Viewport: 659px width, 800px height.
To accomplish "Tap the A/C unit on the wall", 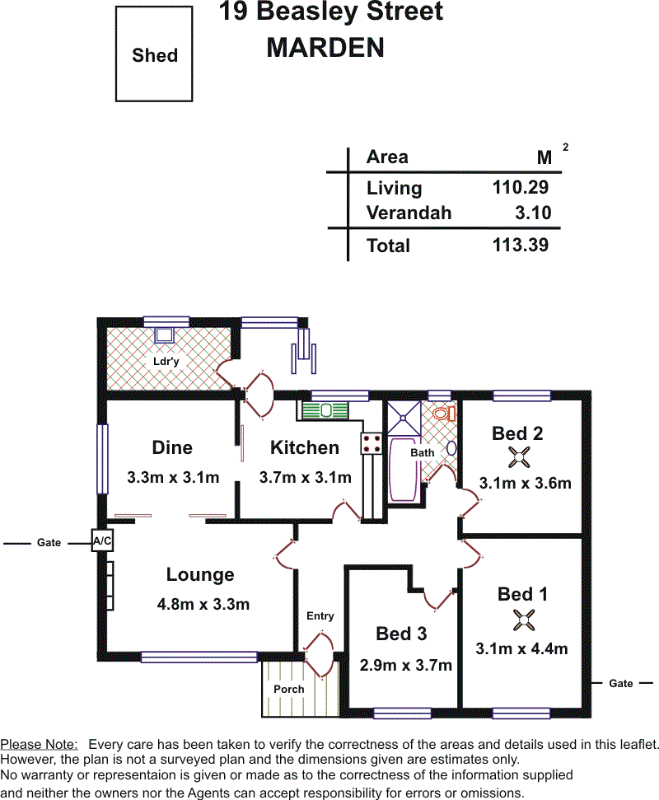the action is (102, 540).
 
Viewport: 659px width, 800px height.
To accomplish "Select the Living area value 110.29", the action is (521, 187).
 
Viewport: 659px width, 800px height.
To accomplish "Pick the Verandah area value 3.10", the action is (533, 213).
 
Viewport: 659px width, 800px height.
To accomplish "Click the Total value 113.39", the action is (521, 245).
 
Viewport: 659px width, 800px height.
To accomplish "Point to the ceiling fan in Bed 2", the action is (519, 457).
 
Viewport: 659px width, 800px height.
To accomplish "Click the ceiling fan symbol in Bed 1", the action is (523, 620).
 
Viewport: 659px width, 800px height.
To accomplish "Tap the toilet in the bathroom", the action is (444, 413).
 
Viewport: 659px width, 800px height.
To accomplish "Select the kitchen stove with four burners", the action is (371, 443).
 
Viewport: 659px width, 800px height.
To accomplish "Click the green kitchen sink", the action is (325, 410).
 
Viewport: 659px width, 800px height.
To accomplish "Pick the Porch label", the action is (288, 689).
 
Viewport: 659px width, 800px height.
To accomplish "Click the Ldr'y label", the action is (166, 361).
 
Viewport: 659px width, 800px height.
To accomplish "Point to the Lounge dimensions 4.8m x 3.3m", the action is (203, 605).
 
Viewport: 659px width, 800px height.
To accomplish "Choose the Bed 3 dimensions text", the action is (405, 666).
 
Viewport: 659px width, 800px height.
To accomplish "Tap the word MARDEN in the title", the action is (325, 48).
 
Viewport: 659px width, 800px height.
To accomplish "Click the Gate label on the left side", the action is (49, 543).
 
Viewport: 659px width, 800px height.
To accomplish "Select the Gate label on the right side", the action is (621, 684).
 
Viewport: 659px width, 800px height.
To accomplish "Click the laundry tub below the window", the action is (165, 335).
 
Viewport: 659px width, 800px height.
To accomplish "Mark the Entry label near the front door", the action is (320, 616).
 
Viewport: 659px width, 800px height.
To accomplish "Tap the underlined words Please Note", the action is (39, 745).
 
